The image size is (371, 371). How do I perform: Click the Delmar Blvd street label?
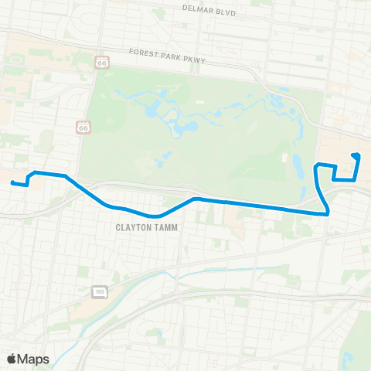208,10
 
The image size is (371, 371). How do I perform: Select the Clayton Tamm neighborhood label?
146,227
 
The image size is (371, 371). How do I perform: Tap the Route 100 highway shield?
98,291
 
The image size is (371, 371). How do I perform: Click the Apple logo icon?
12,359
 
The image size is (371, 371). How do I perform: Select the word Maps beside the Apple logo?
34,359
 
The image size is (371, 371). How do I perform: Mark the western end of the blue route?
12,182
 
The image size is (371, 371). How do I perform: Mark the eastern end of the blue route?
353,155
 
